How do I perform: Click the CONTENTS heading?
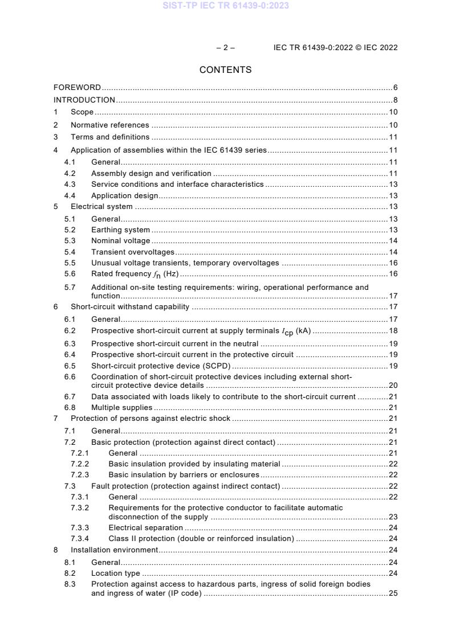(226, 70)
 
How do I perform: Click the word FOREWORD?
(78, 88)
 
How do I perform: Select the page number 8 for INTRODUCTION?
(395, 100)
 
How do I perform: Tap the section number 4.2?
(70, 173)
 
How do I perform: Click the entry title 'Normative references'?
(109, 125)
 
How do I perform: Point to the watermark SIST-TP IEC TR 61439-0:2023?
(226, 6)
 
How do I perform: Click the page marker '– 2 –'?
(226, 48)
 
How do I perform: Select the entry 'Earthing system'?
(120, 230)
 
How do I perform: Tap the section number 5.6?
(70, 274)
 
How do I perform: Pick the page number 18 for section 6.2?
(393, 331)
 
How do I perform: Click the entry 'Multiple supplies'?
(121, 407)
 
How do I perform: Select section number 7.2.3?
(80, 475)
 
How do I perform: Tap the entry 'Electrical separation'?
(145, 528)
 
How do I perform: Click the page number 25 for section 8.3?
(393, 593)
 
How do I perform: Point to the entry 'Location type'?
(115, 574)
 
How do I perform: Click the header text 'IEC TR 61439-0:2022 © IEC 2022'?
(335, 48)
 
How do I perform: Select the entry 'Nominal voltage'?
(120, 241)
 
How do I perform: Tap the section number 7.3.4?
(80, 539)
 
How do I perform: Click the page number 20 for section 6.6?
(393, 386)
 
